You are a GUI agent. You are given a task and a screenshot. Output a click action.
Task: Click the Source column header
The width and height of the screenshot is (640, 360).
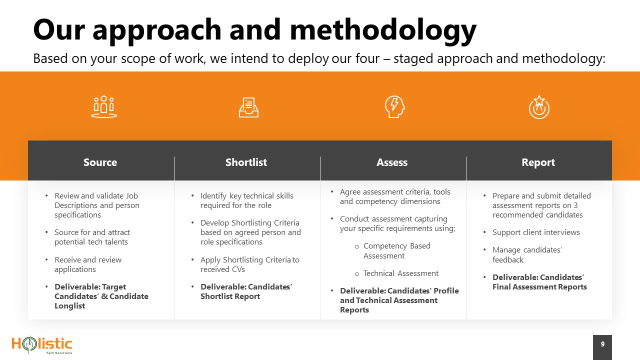tap(100, 162)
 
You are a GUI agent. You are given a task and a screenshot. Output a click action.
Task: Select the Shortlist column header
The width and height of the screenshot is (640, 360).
tap(246, 162)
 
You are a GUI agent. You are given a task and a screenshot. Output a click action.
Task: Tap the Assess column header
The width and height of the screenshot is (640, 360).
tap(392, 162)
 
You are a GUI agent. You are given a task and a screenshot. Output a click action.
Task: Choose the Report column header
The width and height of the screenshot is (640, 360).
tap(538, 162)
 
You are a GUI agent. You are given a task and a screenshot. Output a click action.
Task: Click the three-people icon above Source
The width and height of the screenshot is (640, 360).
tap(104, 107)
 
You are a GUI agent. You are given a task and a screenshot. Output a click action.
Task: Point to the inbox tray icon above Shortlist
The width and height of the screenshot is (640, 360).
tap(248, 107)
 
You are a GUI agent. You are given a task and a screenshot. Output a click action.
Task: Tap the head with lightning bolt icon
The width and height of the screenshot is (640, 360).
tap(395, 106)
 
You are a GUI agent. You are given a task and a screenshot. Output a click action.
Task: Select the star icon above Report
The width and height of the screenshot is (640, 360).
tap(539, 107)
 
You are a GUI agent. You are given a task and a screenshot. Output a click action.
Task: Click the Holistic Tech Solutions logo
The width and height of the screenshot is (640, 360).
tap(42, 345)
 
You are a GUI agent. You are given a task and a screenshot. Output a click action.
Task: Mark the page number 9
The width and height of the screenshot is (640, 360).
tap(602, 344)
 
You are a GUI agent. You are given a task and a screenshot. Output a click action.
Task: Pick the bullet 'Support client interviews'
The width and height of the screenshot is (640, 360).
tap(536, 232)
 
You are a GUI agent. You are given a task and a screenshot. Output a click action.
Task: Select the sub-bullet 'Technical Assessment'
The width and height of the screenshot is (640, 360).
tap(401, 273)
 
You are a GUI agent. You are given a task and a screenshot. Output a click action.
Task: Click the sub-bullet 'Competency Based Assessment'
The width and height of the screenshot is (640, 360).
tap(397, 250)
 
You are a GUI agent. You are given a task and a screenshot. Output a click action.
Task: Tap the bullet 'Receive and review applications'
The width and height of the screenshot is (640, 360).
tap(88, 264)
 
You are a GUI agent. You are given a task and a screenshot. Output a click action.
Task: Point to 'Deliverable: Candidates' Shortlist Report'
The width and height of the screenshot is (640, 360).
tap(246, 291)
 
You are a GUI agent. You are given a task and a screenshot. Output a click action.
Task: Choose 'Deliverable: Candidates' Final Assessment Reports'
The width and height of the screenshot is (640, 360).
tap(539, 282)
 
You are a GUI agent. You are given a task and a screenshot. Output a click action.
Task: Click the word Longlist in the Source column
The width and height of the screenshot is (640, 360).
tap(69, 306)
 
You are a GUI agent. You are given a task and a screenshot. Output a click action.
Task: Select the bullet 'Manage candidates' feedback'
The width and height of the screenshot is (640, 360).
tap(527, 254)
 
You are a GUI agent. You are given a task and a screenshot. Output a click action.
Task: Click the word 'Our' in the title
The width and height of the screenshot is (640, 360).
tap(59, 29)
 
